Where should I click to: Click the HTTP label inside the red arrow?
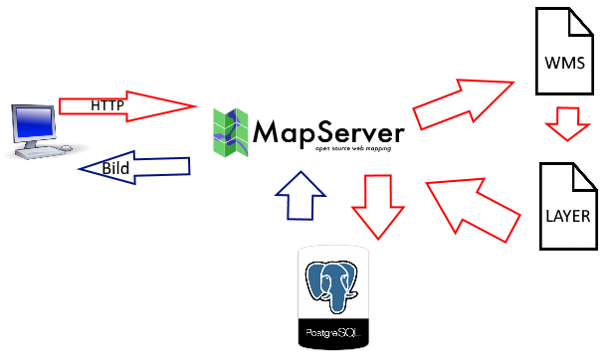107,105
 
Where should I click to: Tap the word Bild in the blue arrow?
115,168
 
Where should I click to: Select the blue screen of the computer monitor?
34,122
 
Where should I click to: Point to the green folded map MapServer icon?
231,132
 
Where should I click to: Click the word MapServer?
328,133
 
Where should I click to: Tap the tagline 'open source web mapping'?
353,148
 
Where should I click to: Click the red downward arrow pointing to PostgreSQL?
378,207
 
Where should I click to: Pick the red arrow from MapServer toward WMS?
463,103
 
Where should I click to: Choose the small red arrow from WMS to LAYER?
568,123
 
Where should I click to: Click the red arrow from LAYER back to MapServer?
473,210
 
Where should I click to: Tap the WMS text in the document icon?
564,63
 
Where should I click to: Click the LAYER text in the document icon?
568,216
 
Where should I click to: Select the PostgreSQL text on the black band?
333,333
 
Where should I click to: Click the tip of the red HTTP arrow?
196,105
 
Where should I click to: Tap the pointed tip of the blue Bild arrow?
79,169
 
